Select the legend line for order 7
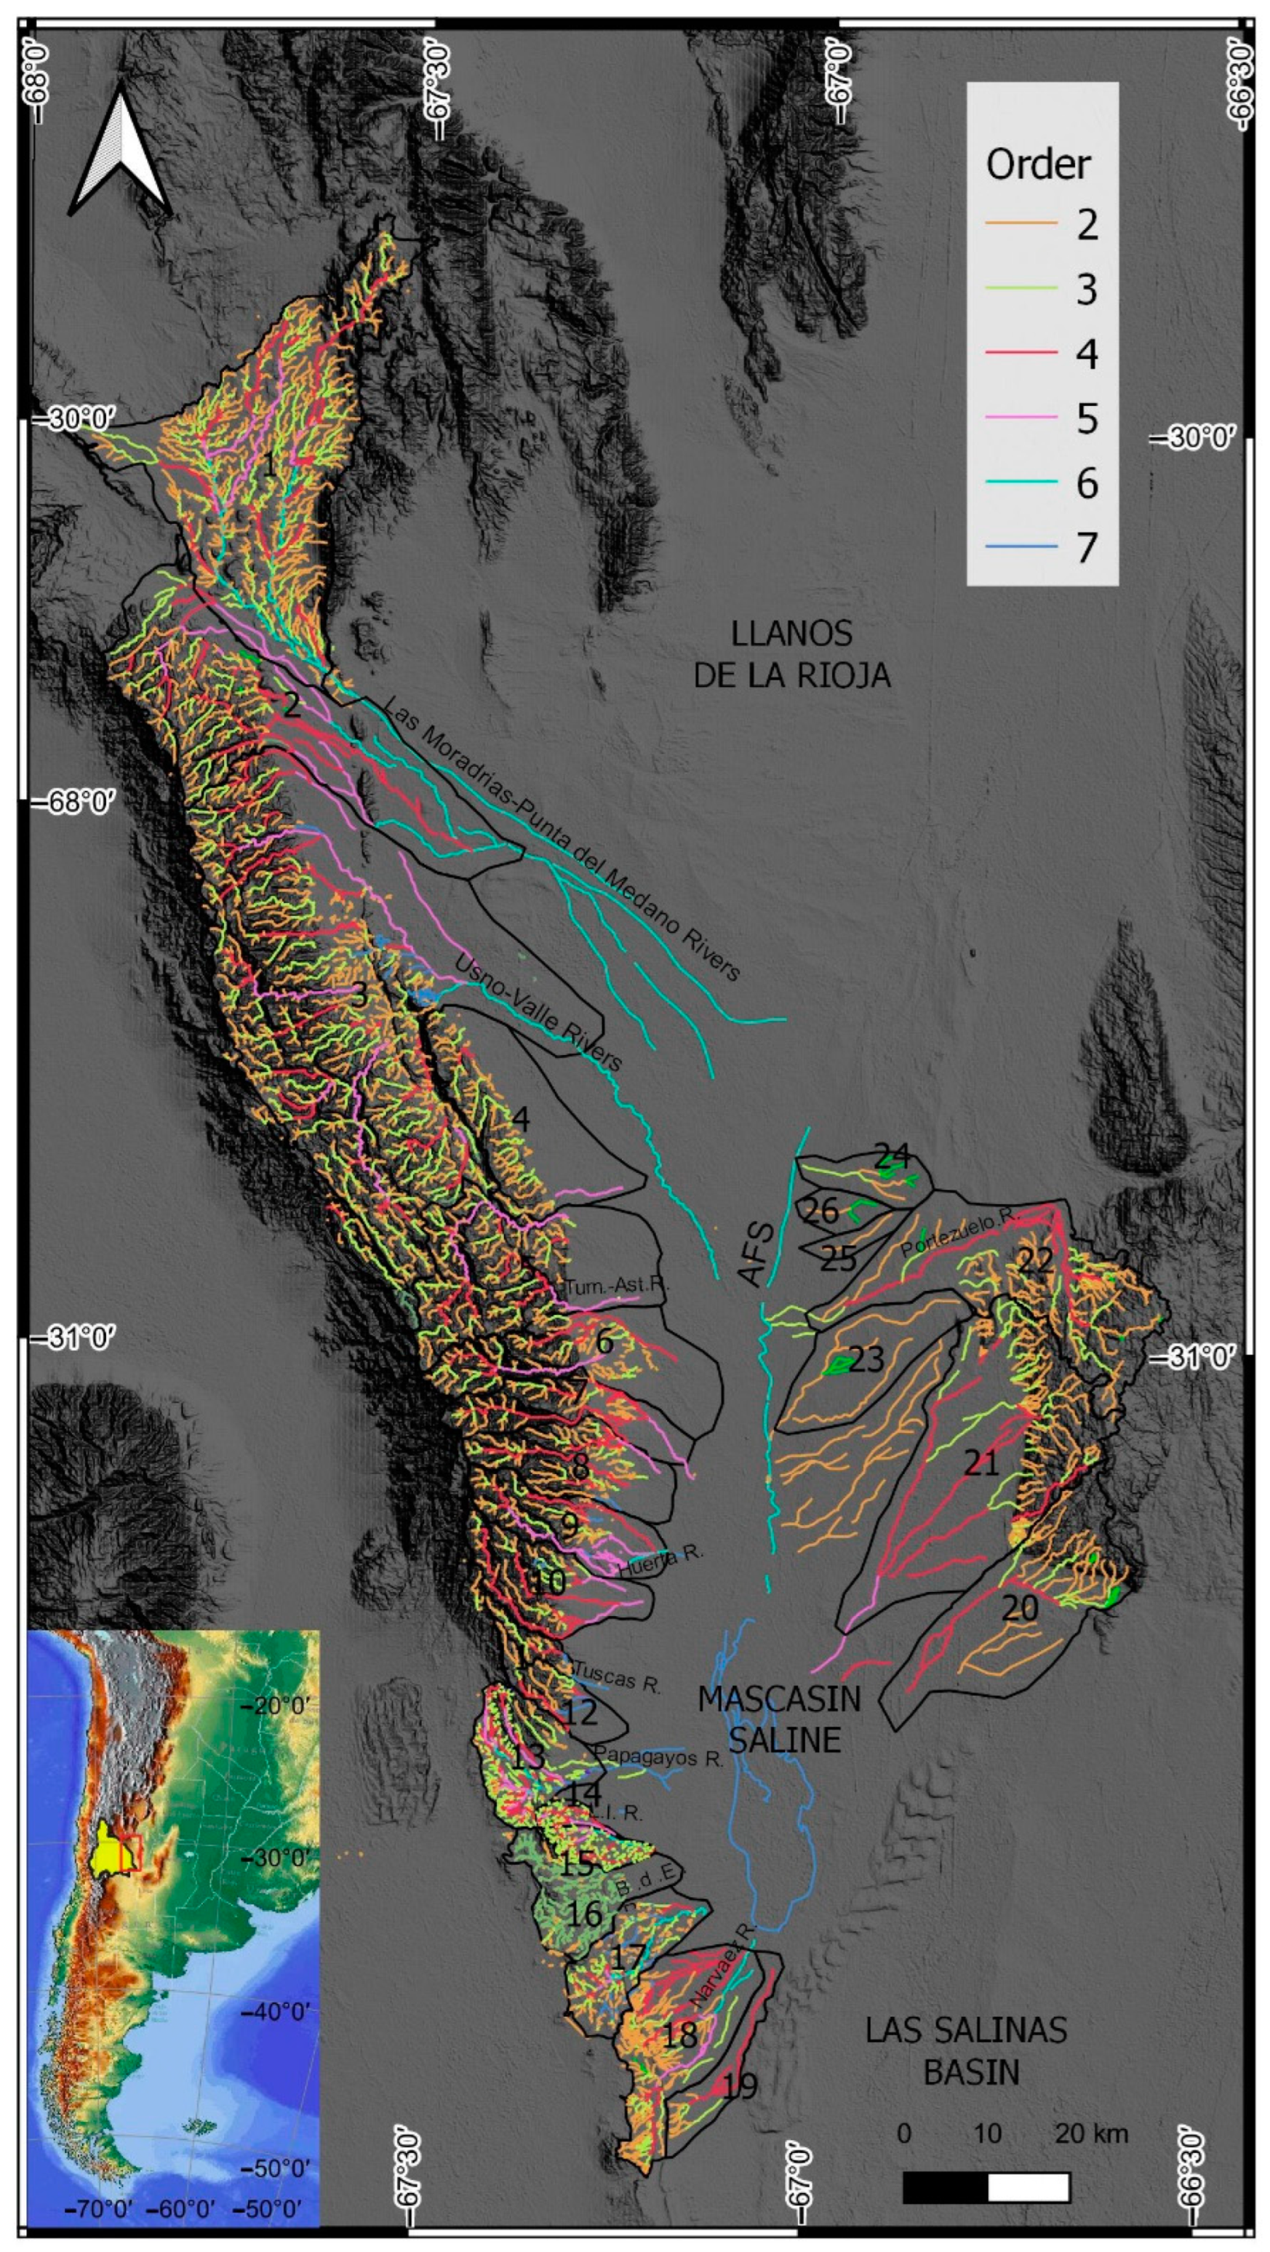pos(1018,548)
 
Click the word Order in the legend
pos(1039,164)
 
